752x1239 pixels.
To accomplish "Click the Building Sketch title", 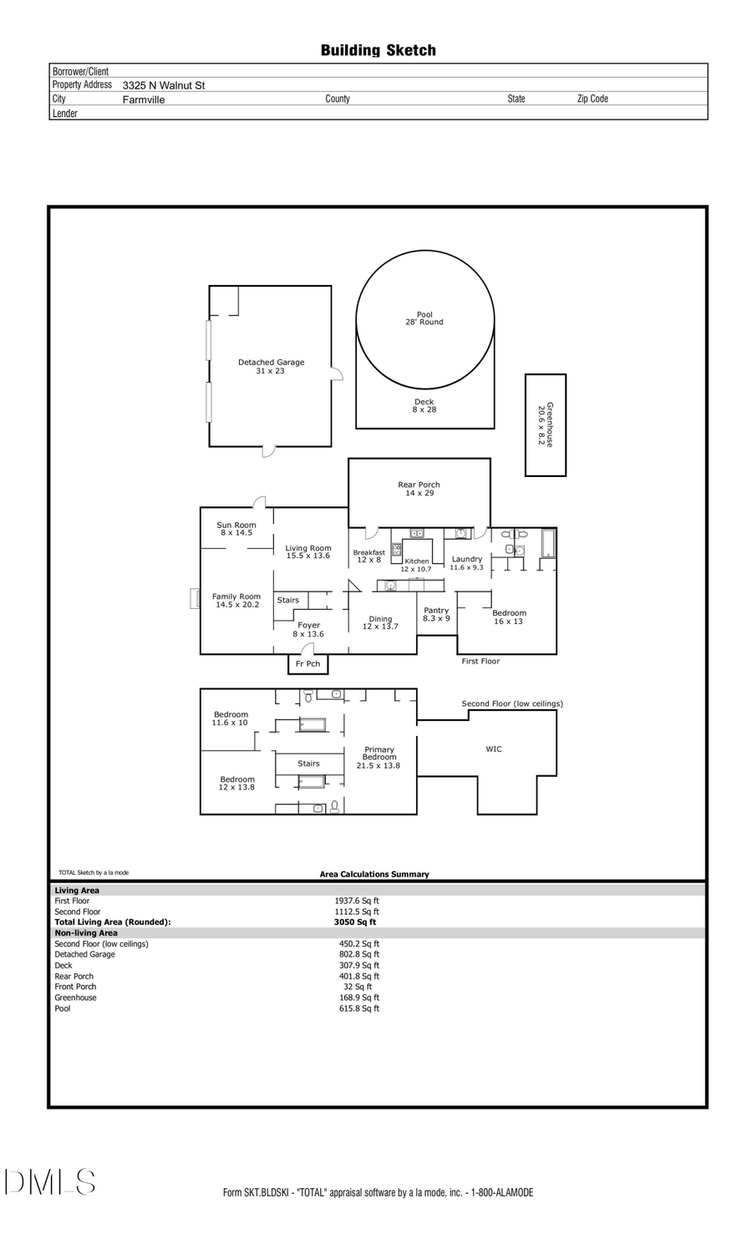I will coord(378,50).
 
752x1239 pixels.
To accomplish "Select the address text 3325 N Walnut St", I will coord(163,85).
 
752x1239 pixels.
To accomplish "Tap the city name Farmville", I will coord(144,99).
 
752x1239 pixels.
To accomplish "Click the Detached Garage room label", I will coord(271,367).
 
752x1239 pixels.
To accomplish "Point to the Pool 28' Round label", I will coord(424,318).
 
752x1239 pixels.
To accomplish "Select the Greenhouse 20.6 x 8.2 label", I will coord(545,424).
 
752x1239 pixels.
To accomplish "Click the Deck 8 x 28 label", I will coord(424,406).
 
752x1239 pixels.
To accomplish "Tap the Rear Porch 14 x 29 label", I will coord(419,489).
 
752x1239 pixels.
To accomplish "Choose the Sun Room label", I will coord(236,529).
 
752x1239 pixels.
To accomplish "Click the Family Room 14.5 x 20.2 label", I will coord(236,601).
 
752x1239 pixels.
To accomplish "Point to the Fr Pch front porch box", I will coord(307,664).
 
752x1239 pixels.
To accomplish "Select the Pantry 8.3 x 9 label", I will coord(436,614).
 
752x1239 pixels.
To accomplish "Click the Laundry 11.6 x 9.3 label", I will coord(466,563).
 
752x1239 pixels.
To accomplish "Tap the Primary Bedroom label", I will coord(379,757).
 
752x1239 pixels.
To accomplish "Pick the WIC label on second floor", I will coord(494,749).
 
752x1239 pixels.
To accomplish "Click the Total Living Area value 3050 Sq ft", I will coord(355,922).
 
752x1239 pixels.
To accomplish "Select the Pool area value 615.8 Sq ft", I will coord(358,1008).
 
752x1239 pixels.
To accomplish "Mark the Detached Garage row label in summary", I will coord(84,954).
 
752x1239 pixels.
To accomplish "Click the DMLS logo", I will coord(50,1182).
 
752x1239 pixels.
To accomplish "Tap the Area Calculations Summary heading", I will coord(374,874).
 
